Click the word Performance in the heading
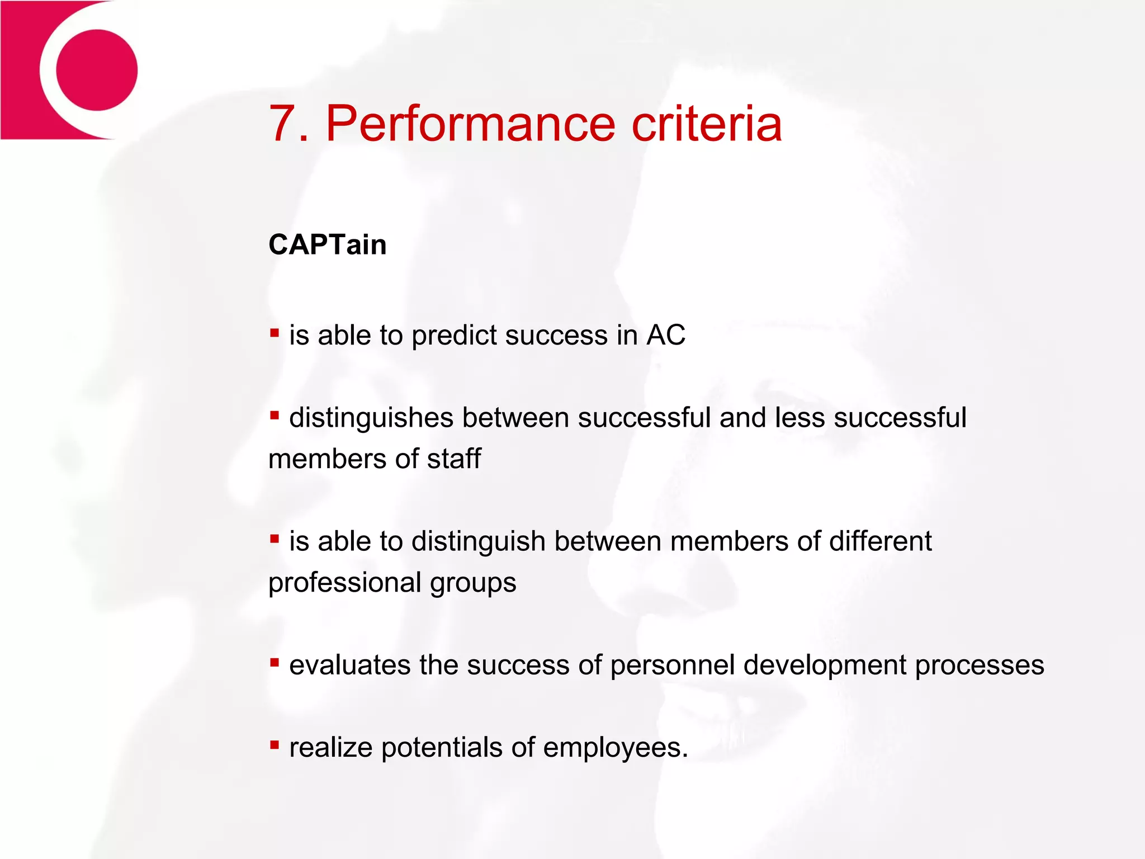[470, 124]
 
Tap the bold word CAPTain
[328, 245]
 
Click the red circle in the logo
[97, 70]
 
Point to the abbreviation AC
[665, 336]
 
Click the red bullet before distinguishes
[274, 415]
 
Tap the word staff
[453, 459]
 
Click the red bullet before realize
[274, 744]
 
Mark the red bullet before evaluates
[274, 662]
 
